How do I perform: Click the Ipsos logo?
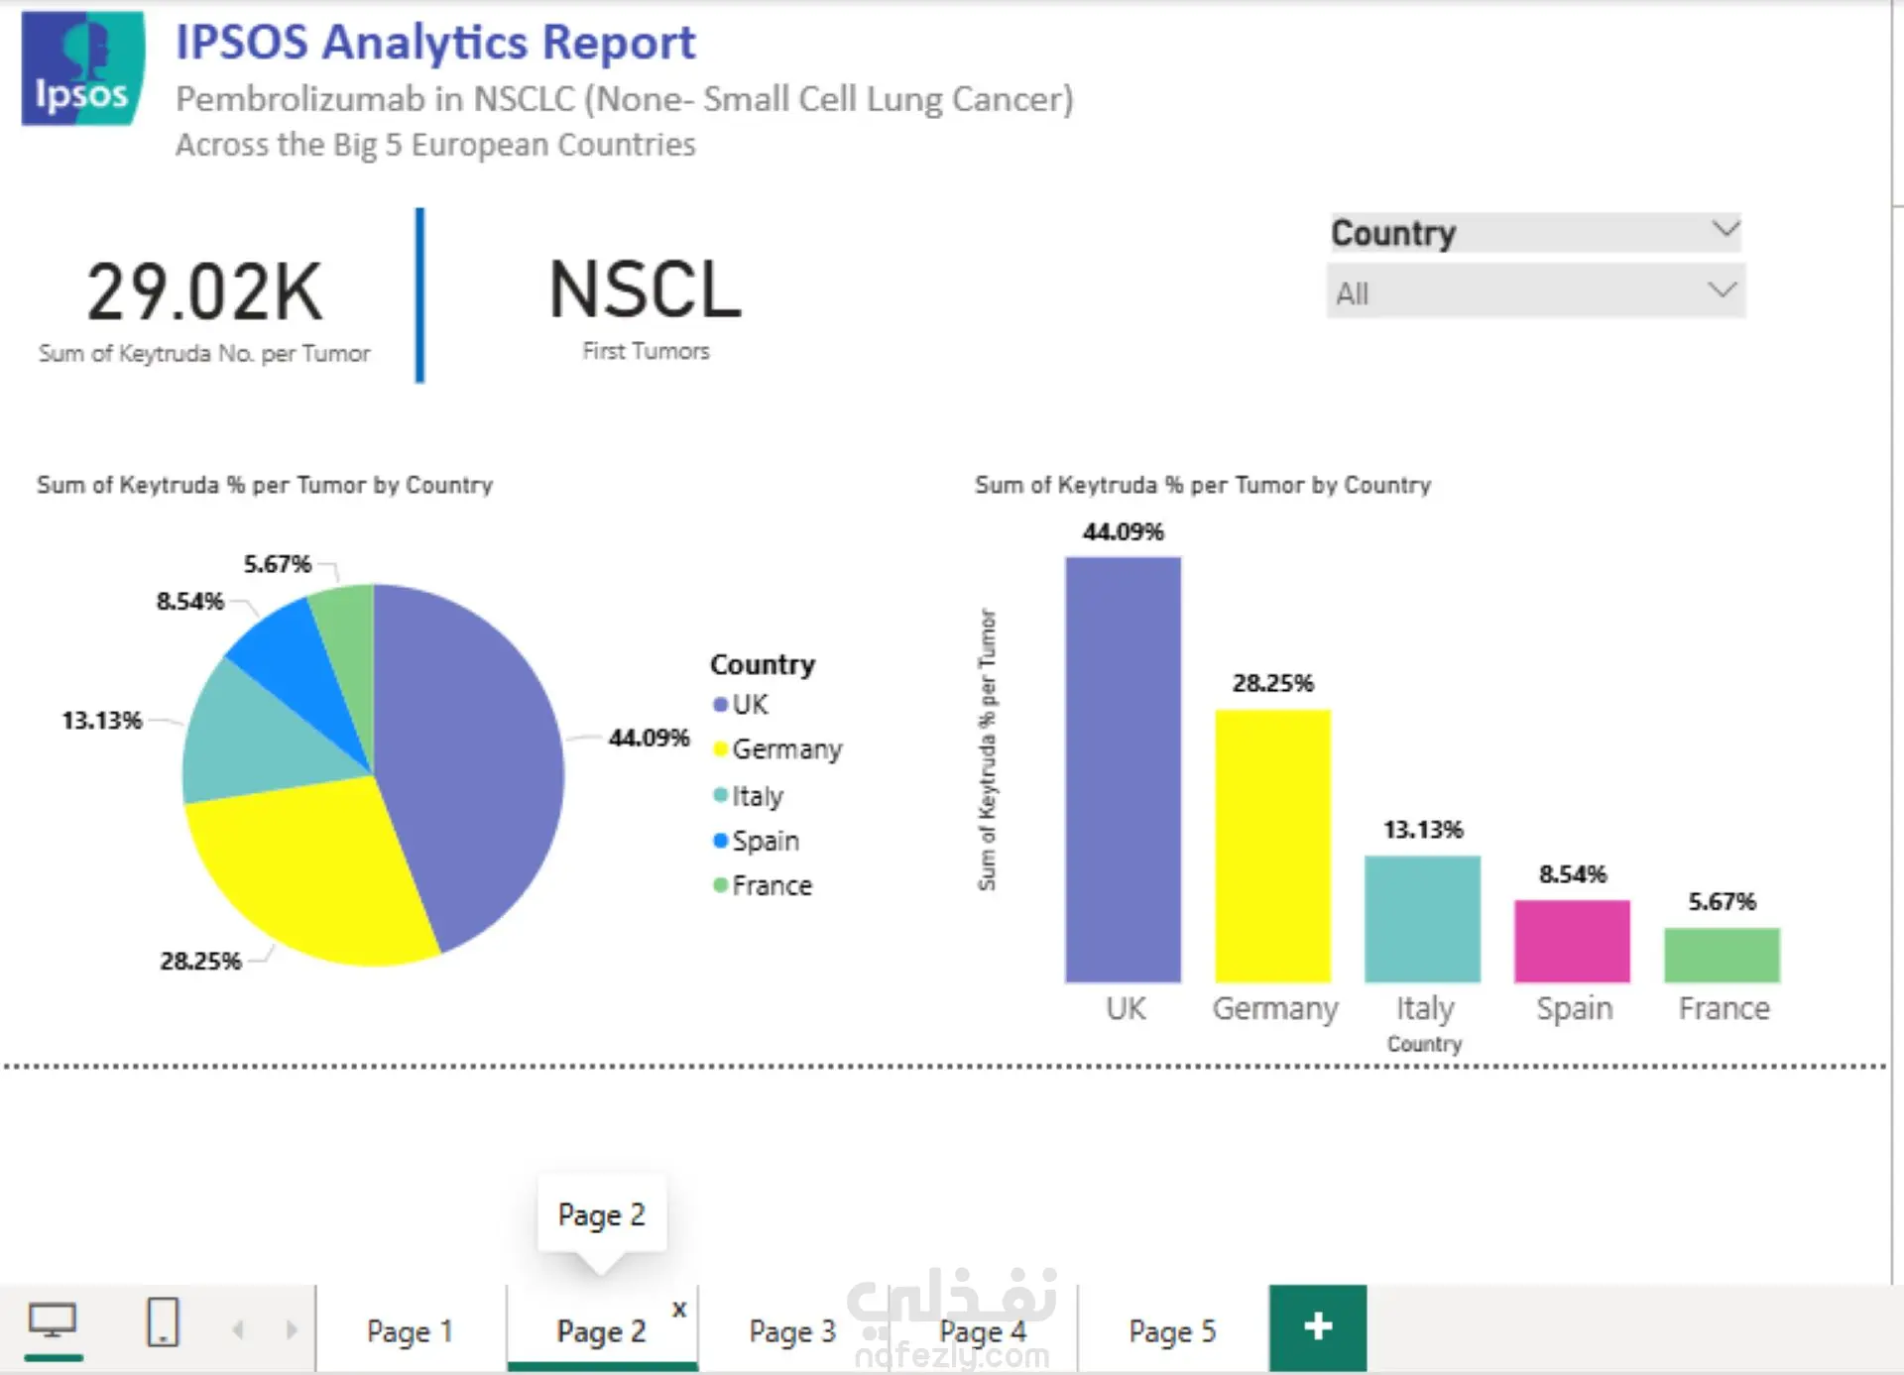pyautogui.click(x=83, y=68)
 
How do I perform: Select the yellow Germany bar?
pyautogui.click(x=1272, y=846)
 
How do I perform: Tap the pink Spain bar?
pyautogui.click(x=1572, y=941)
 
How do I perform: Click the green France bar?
pyautogui.click(x=1722, y=955)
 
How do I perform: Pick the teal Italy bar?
pyautogui.click(x=1422, y=919)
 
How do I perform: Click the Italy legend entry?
pyautogui.click(x=749, y=796)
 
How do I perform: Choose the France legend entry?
pyautogui.click(x=763, y=885)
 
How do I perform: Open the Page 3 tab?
pyautogui.click(x=791, y=1330)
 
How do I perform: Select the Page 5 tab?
pyautogui.click(x=1172, y=1330)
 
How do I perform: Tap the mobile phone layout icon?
pyautogui.click(x=163, y=1321)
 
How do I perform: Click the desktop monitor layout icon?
pyautogui.click(x=53, y=1321)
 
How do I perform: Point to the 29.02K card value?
pyautogui.click(x=204, y=292)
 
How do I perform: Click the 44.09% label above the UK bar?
pyautogui.click(x=1123, y=532)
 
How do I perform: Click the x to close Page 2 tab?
pyautogui.click(x=679, y=1309)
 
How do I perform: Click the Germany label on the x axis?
pyautogui.click(x=1274, y=1008)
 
